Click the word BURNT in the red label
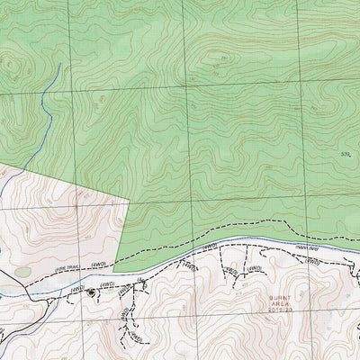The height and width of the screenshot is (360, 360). click(280, 295)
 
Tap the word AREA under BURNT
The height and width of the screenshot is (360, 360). click(280, 302)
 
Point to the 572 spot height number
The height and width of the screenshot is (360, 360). click(344, 155)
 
